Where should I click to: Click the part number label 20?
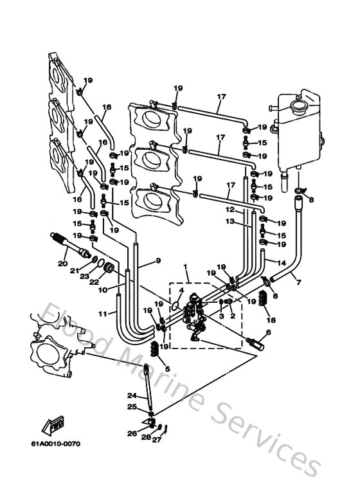coord(62,263)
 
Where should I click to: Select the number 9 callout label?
coord(156,260)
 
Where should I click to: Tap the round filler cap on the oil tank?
coord(298,105)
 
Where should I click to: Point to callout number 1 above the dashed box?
coord(184,266)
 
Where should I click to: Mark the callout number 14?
coord(281,262)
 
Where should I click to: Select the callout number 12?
coord(230,210)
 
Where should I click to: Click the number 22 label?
coord(94,281)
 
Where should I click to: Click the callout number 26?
coord(132,433)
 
